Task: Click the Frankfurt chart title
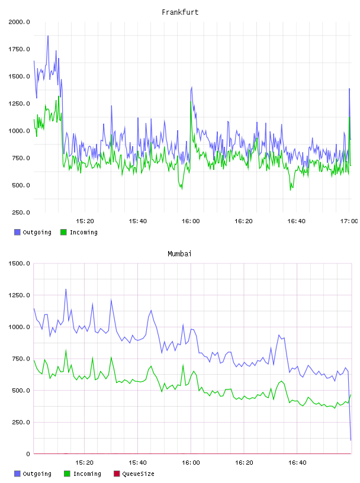180,12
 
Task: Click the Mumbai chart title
179,254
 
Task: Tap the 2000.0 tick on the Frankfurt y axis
19,22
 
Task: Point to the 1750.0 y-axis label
19,49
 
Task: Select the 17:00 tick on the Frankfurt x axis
349,221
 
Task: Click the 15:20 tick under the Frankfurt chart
85,221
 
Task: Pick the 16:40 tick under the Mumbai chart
297,463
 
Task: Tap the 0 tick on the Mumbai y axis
28,454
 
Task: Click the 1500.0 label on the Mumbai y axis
19,263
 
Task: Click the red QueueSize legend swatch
117,474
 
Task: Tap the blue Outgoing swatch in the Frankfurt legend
17,232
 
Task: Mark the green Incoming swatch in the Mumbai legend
67,474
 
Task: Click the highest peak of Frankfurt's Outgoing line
48,36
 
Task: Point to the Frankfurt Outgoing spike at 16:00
192,87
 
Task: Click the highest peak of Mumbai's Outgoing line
66,289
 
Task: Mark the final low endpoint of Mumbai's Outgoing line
351,440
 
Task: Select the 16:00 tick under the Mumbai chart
191,463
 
